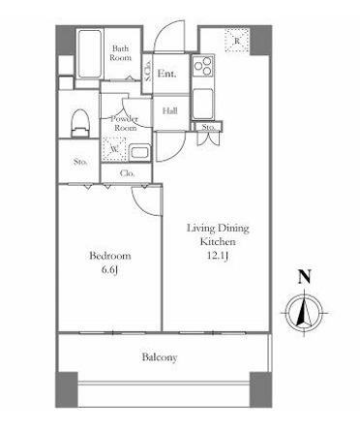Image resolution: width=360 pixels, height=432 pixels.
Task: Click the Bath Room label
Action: (121, 53)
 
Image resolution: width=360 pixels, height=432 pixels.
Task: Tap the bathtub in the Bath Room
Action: (90, 54)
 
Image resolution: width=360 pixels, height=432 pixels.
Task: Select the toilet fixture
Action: (79, 124)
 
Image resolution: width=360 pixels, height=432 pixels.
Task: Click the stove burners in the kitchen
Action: (203, 66)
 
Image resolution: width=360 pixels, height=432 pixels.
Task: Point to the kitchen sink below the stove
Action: (203, 103)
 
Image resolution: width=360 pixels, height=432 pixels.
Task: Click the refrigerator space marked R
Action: (237, 41)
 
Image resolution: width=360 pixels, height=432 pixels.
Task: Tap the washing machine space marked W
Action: (113, 149)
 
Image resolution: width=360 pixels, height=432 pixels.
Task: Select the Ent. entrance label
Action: (166, 74)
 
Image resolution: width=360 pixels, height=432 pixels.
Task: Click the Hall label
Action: (170, 111)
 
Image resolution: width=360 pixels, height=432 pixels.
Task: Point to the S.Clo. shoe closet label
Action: (148, 72)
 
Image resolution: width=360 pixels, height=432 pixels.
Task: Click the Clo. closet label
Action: (127, 173)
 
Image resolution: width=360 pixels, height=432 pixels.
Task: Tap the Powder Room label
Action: (125, 123)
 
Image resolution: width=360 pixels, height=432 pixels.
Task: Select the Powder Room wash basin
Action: (139, 153)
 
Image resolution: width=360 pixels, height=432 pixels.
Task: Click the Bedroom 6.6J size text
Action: (109, 270)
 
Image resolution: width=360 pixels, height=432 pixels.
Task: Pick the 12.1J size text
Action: (218, 256)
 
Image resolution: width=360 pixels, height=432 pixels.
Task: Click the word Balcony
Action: (160, 357)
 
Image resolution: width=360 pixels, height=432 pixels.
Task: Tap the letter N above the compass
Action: (304, 277)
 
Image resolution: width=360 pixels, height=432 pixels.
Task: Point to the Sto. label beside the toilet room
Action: (80, 162)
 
